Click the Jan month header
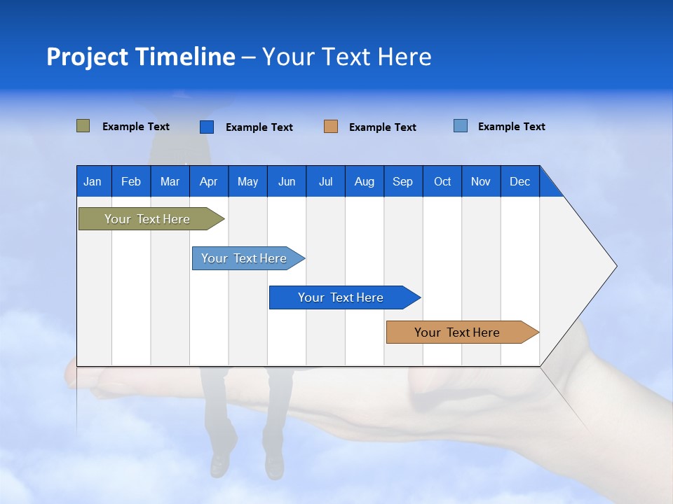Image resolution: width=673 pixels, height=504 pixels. coord(93,181)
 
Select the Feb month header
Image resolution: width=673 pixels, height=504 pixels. coord(131,181)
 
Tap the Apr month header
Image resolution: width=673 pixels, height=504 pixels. coord(208,181)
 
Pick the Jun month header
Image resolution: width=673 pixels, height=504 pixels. coord(287,181)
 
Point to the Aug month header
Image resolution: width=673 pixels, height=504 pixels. coord(364,181)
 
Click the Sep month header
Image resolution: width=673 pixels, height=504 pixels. coord(402,181)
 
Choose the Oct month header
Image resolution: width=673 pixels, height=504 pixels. coord(442,181)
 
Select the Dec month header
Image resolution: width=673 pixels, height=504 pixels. coord(519,181)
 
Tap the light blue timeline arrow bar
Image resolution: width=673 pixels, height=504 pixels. coord(245,258)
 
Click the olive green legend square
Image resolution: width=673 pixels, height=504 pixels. coord(83,126)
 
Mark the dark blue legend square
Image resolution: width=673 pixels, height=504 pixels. coord(206,127)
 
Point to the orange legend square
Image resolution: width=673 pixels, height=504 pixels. coord(331,127)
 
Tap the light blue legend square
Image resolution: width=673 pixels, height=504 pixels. coord(460,126)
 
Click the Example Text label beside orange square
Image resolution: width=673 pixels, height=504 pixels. coord(382,127)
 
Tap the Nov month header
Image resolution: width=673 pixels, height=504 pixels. coord(481,181)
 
